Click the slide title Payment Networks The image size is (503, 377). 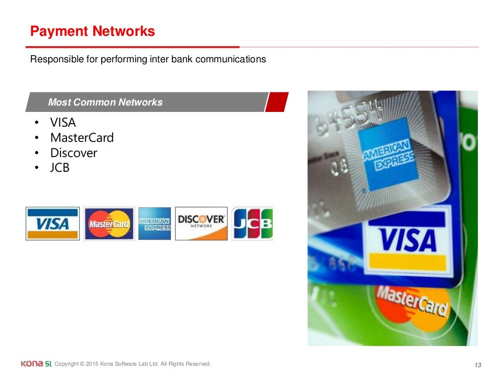pyautogui.click(x=92, y=31)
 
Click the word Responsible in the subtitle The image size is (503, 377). pyautogui.click(x=51, y=59)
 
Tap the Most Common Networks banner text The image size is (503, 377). pyautogui.click(x=105, y=102)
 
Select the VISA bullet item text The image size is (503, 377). pyautogui.click(x=63, y=122)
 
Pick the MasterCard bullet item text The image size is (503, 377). pyautogui.click(x=82, y=137)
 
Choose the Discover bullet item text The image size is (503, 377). pyautogui.click(x=74, y=153)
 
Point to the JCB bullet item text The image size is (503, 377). pyautogui.click(x=60, y=168)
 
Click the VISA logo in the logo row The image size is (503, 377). pyautogui.click(x=53, y=223)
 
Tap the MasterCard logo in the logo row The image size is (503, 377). pyautogui.click(x=109, y=223)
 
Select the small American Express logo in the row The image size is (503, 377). pyautogui.click(x=155, y=223)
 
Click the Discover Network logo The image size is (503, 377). pyautogui.click(x=201, y=223)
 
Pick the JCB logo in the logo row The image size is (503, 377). pyautogui.click(x=252, y=223)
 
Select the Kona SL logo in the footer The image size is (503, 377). pyautogui.click(x=36, y=364)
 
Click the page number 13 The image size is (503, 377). pyautogui.click(x=477, y=365)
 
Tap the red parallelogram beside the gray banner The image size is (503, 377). pyautogui.click(x=277, y=102)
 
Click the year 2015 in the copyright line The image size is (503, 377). pyautogui.click(x=92, y=364)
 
